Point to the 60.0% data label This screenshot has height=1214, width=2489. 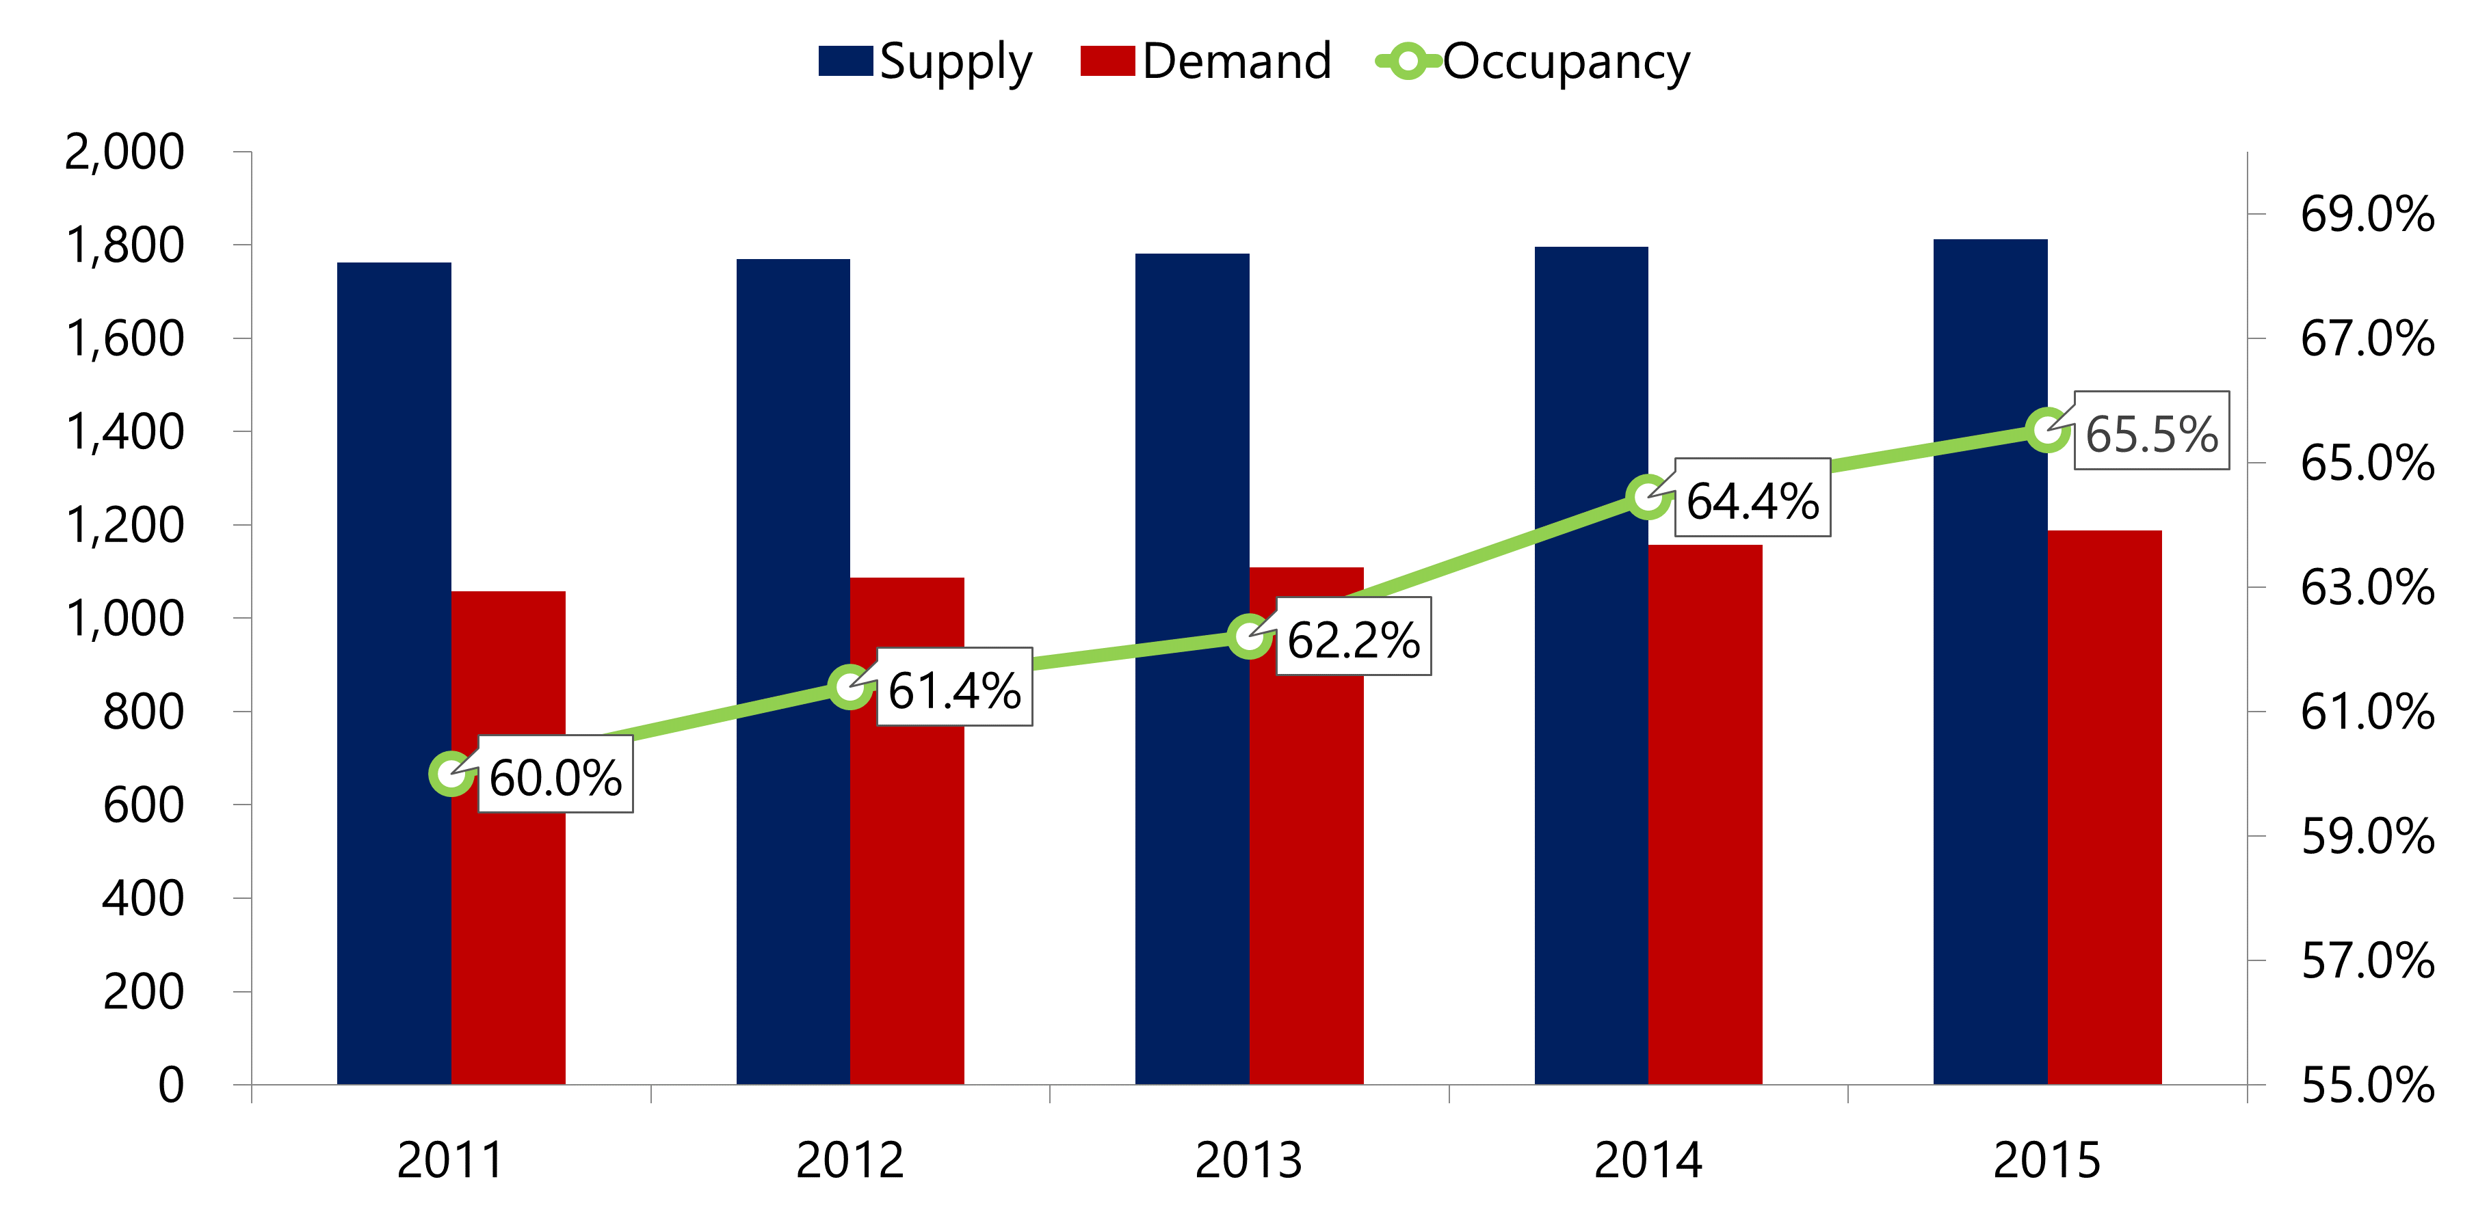[x=555, y=777]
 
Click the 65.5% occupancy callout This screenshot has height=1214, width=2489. [x=2152, y=432]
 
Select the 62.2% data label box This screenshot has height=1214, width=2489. [x=1353, y=638]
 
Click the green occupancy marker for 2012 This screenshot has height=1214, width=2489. [x=850, y=687]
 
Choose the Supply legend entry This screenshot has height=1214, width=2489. [x=925, y=62]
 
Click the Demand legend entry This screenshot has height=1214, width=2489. [x=1206, y=62]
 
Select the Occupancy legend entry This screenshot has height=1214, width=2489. [x=1533, y=62]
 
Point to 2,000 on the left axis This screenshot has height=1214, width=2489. [x=124, y=152]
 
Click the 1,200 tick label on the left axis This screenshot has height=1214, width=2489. [x=124, y=526]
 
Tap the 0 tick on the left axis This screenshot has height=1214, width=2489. [x=170, y=1085]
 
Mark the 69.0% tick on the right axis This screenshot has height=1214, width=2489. [x=2367, y=215]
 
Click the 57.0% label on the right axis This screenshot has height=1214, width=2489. [x=2367, y=962]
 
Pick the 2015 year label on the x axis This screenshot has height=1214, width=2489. [x=2046, y=1161]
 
